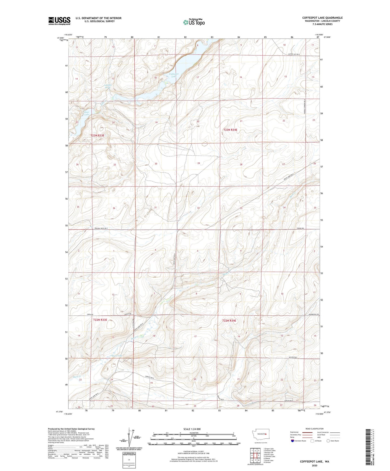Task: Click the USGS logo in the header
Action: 59,21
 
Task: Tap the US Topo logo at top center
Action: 194,22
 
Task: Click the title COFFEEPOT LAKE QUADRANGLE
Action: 322,18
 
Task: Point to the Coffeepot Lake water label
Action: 173,75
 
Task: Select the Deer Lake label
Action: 87,113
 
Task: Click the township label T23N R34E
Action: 230,130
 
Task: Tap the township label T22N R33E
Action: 100,320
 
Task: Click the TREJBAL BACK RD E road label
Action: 101,228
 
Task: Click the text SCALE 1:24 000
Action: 192,429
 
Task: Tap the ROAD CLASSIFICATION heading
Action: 314,429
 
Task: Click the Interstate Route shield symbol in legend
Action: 293,441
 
